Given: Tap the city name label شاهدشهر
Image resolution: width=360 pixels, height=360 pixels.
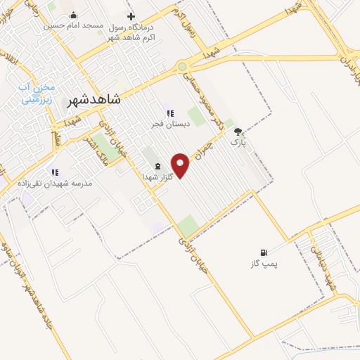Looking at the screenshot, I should click(x=93, y=100).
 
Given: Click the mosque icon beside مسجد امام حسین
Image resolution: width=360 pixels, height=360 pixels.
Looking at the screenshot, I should click(x=73, y=15).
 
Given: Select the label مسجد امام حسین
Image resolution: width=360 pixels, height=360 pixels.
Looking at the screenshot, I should click(x=73, y=25).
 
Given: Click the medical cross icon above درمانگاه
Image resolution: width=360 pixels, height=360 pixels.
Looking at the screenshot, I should click(x=130, y=15).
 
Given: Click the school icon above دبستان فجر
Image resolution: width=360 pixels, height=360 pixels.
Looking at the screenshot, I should click(x=169, y=113).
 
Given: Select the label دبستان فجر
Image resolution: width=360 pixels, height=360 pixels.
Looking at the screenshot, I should click(x=168, y=124).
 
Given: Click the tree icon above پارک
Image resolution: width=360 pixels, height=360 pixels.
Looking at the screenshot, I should click(x=238, y=131).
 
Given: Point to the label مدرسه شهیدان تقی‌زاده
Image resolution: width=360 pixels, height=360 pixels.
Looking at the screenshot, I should click(x=55, y=183).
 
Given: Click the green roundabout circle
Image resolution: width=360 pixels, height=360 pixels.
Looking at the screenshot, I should click(x=182, y=67).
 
